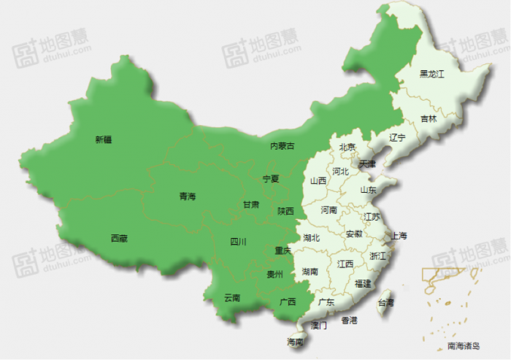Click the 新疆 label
pyautogui.click(x=104, y=139)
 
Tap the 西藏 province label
pyautogui.click(x=119, y=238)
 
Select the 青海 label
pyautogui.click(x=188, y=196)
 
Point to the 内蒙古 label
pyautogui.click(x=283, y=146)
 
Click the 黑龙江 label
pyautogui.click(x=432, y=74)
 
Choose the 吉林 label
pyautogui.click(x=429, y=118)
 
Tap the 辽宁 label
pyautogui.click(x=396, y=137)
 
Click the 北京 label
pyautogui.click(x=347, y=147)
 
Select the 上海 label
pyautogui.click(x=399, y=236)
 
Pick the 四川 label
pyautogui.click(x=238, y=242)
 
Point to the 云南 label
pyautogui.click(x=232, y=297)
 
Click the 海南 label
pyautogui.click(x=295, y=342)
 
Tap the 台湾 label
pyautogui.click(x=385, y=302)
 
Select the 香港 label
pyautogui.click(x=349, y=320)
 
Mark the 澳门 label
pyautogui.click(x=319, y=326)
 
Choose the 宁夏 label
pyautogui.click(x=270, y=179)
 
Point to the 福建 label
pyautogui.click(x=363, y=283)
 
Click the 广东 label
pyautogui.click(x=326, y=302)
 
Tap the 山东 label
pyautogui.click(x=368, y=190)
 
